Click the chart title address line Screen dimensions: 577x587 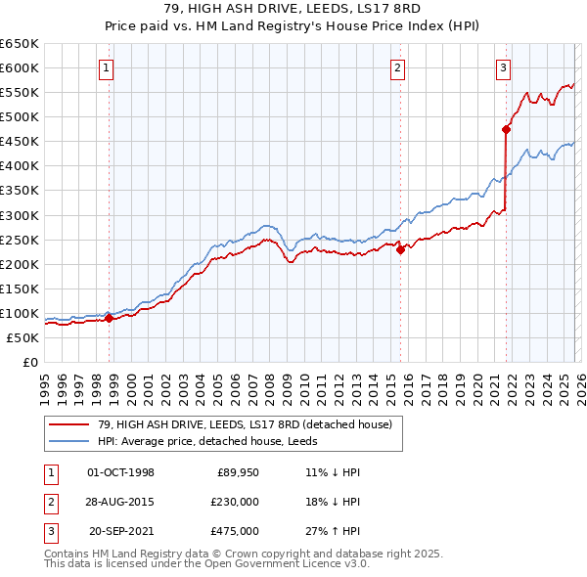tap(293, 10)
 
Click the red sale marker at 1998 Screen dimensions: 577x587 tap(109, 318)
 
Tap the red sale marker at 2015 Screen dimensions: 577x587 tap(400, 249)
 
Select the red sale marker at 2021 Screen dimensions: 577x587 tap(506, 128)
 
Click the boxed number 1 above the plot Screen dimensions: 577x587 tap(105, 68)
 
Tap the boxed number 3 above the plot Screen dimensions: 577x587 tap(503, 68)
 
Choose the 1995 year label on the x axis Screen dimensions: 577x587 tap(45, 382)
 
